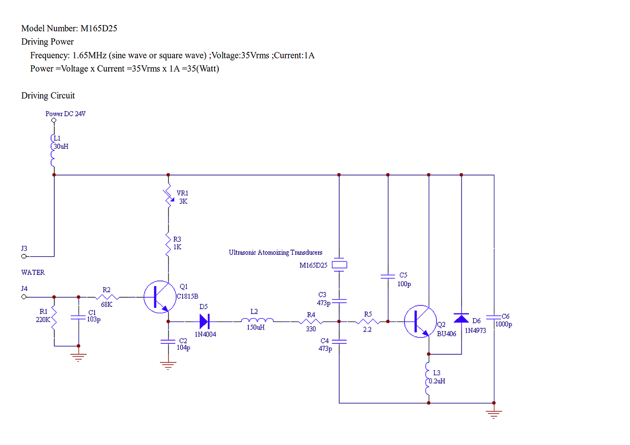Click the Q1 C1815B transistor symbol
160,297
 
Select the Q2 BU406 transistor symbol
420,321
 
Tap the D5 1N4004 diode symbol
204,321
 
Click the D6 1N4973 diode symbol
461,318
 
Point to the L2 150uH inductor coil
257,320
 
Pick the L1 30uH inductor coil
53,150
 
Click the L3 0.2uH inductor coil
428,378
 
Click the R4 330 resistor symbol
311,321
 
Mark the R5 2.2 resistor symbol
367,321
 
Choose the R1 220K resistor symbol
54,318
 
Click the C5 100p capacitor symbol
388,276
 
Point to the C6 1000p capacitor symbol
493,317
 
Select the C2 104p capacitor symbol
168,342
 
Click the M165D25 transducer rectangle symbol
339,265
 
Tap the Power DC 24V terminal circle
54,121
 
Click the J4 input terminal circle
24,297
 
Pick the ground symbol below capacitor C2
168,365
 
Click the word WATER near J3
33,273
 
